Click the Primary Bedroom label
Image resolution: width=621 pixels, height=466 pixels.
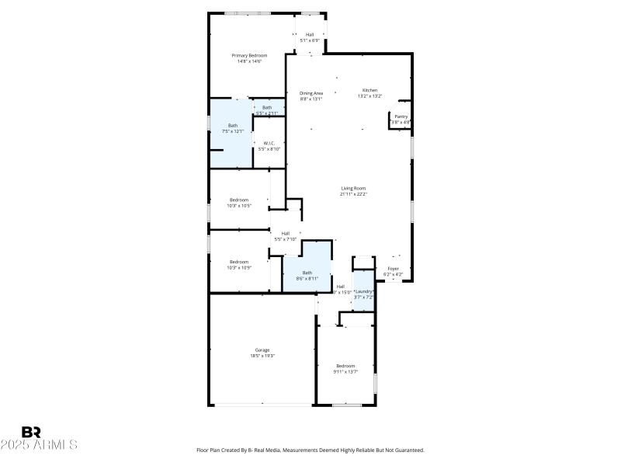pos(249,56)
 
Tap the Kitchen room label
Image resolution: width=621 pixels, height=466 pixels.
pos(369,90)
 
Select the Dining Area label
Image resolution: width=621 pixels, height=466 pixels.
pos(311,93)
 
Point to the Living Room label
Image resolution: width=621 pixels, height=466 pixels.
pos(353,188)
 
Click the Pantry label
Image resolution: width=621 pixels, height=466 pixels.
pos(401,116)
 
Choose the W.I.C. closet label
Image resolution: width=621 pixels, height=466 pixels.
pos(269,143)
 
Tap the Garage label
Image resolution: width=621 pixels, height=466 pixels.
pos(262,349)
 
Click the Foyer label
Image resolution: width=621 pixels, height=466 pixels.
pos(394,269)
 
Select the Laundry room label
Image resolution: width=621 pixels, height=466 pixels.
pos(364,291)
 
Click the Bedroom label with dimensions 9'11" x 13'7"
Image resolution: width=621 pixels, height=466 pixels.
pos(345,366)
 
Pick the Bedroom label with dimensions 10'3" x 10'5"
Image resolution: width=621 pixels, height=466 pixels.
pos(238,200)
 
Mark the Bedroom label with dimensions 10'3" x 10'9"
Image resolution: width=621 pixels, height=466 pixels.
pos(238,262)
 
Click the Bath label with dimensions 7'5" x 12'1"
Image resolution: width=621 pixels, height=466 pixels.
pos(233,125)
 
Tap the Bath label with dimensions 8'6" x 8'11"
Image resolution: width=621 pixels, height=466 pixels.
pos(307,273)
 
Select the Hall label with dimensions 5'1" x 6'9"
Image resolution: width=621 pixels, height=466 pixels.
pos(310,34)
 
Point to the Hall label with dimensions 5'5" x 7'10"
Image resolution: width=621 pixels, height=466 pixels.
pos(285,233)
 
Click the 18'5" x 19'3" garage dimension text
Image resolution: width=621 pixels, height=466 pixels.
pos(262,356)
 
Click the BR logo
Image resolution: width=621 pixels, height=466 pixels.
pos(31,432)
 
